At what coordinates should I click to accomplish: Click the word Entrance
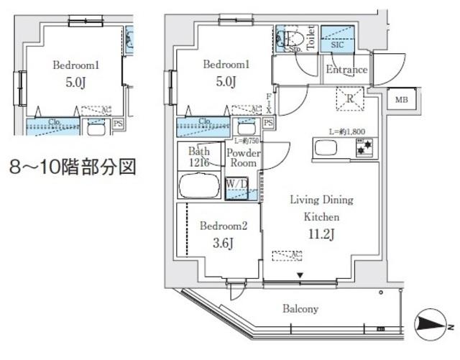[346, 70]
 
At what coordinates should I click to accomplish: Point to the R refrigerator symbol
[349, 98]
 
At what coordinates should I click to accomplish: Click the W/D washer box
[238, 185]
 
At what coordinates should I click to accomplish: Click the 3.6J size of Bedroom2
[223, 242]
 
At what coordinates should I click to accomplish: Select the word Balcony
[300, 309]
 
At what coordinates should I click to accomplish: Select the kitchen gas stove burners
[364, 149]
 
